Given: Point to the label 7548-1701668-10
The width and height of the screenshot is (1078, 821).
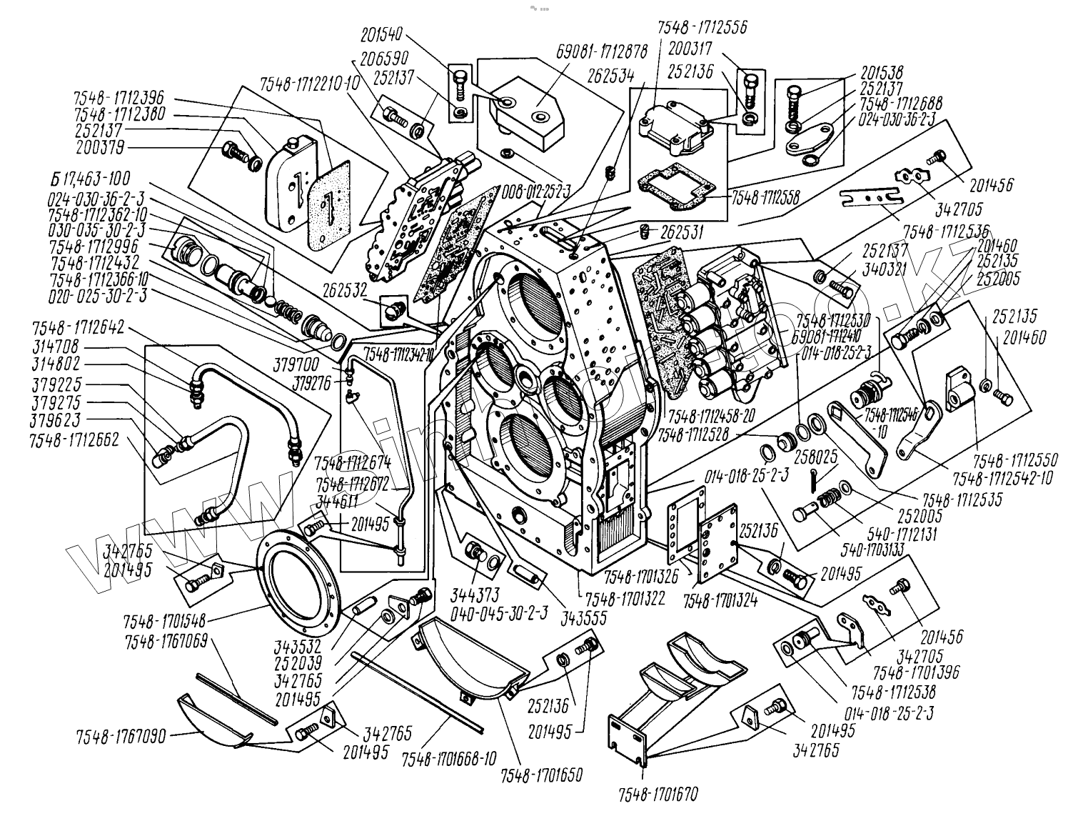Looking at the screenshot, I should point(445,757).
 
